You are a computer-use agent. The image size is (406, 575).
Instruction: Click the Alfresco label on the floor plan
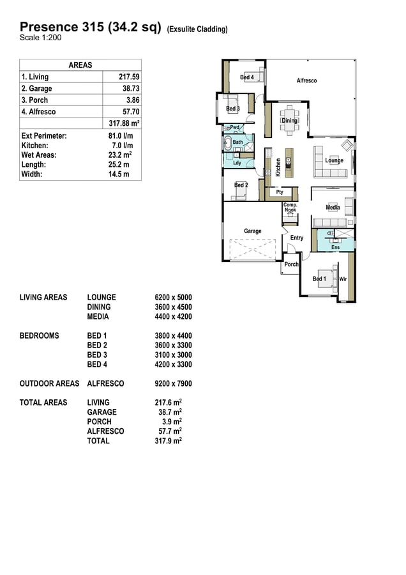pos(306,80)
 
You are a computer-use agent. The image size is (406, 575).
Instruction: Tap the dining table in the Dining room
pos(289,118)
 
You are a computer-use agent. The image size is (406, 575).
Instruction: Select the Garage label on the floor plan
pos(253,231)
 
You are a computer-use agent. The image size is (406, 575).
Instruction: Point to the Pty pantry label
pos(280,192)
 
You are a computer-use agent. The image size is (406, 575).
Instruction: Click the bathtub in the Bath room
pos(227,143)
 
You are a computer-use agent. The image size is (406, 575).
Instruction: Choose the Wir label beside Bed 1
pos(343,279)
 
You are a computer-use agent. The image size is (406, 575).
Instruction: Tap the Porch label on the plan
pos(291,264)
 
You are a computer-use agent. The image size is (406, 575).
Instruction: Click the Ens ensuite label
pos(336,247)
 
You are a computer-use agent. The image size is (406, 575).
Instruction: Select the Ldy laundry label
pos(237,163)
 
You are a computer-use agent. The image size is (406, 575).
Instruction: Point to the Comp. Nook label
pos(290,208)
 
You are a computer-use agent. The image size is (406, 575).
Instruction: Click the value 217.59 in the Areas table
pos(129,77)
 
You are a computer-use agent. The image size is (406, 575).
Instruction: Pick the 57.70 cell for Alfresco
pos(131,112)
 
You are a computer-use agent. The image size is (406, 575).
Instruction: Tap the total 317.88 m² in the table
pos(124,123)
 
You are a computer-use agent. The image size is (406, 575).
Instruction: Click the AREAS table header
pos(80,65)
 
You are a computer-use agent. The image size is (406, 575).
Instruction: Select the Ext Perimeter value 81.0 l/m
pos(121,135)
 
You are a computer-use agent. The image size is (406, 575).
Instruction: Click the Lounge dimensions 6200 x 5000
pos(174,297)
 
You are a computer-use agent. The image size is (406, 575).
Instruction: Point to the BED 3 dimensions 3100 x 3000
pos(174,355)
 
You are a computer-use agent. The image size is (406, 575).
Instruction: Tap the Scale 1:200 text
pos(41,38)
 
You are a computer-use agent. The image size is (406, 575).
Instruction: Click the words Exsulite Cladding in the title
pos(197,29)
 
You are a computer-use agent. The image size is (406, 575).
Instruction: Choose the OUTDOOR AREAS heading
pos(49,383)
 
